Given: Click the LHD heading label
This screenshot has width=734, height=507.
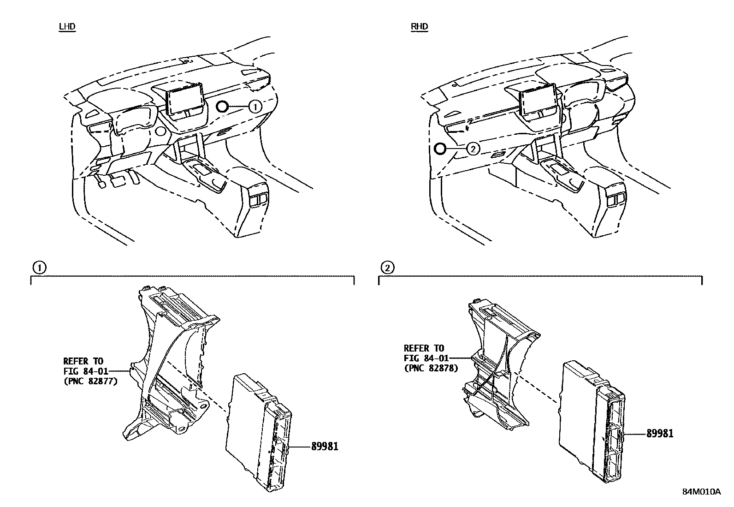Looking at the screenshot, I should click(x=67, y=26).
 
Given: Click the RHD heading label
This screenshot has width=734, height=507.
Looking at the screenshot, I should click(x=419, y=26).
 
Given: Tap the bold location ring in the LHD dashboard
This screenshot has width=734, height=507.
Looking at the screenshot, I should click(x=222, y=107).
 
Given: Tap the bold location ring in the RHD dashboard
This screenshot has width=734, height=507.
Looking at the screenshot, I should click(x=439, y=149).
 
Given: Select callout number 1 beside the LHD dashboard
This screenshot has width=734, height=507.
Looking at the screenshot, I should click(x=255, y=107).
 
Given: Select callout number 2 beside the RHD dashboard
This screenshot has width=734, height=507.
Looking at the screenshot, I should click(x=473, y=149).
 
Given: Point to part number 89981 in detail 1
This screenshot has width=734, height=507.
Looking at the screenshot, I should click(x=325, y=446).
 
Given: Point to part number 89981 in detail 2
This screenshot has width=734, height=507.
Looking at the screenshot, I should click(x=659, y=433).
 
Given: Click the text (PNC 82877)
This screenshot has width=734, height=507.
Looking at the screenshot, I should click(x=90, y=381).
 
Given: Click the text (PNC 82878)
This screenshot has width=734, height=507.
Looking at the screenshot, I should click(x=431, y=368).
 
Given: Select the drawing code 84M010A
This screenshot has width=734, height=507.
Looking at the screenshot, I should click(x=701, y=492).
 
